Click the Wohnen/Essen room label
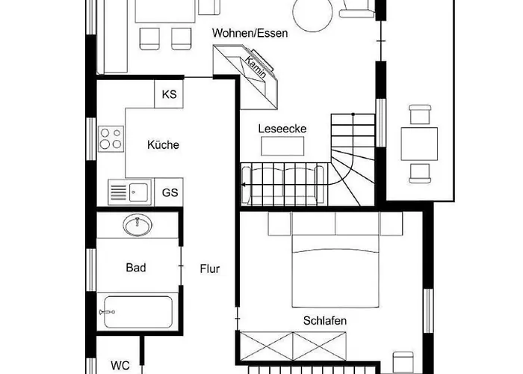pos(250,34)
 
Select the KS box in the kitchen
pos(170,94)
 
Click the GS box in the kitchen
pos(170,192)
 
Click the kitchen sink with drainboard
pos(130,192)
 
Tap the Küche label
pos(163,145)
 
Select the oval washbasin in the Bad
pos(137,224)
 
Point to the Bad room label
pos(136,267)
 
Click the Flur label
pos(209,269)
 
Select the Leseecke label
pos(282,129)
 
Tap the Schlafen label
pos(325,321)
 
